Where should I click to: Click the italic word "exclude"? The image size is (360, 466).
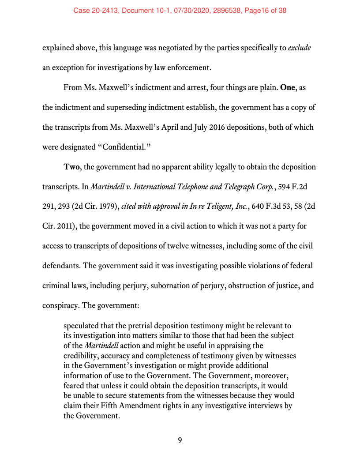(x=300, y=48)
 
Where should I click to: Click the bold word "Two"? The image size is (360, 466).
(x=72, y=167)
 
